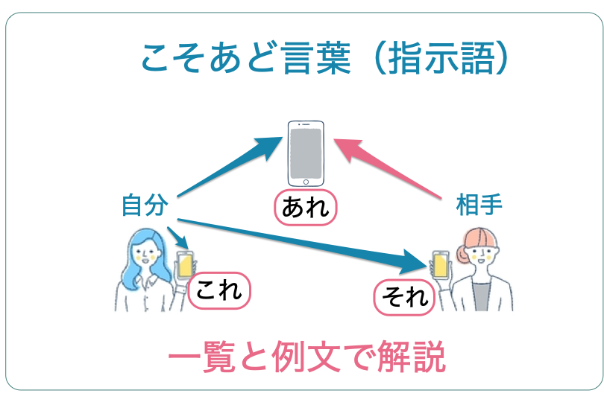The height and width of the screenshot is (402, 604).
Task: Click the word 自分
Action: (145, 205)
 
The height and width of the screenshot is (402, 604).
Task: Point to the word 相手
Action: (479, 205)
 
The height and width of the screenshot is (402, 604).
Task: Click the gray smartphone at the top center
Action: (306, 153)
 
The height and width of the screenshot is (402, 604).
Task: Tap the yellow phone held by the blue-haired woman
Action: (184, 265)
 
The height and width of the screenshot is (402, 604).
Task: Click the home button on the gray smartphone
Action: (305, 180)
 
